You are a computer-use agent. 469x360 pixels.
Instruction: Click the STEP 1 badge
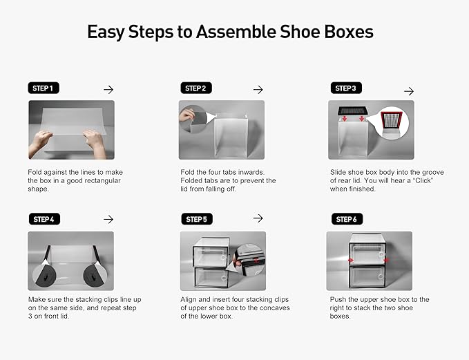(x=43, y=88)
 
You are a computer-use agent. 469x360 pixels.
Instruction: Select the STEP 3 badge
(x=345, y=88)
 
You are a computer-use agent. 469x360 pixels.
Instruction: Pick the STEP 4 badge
(x=43, y=219)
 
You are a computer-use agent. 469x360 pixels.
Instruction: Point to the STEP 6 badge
(x=345, y=219)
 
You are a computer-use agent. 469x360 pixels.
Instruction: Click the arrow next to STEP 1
(x=108, y=89)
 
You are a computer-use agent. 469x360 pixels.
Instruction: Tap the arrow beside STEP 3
(x=408, y=91)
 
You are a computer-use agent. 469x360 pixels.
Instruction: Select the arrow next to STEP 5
(x=258, y=218)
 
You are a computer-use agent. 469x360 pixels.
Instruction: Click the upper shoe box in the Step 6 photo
(x=369, y=247)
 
